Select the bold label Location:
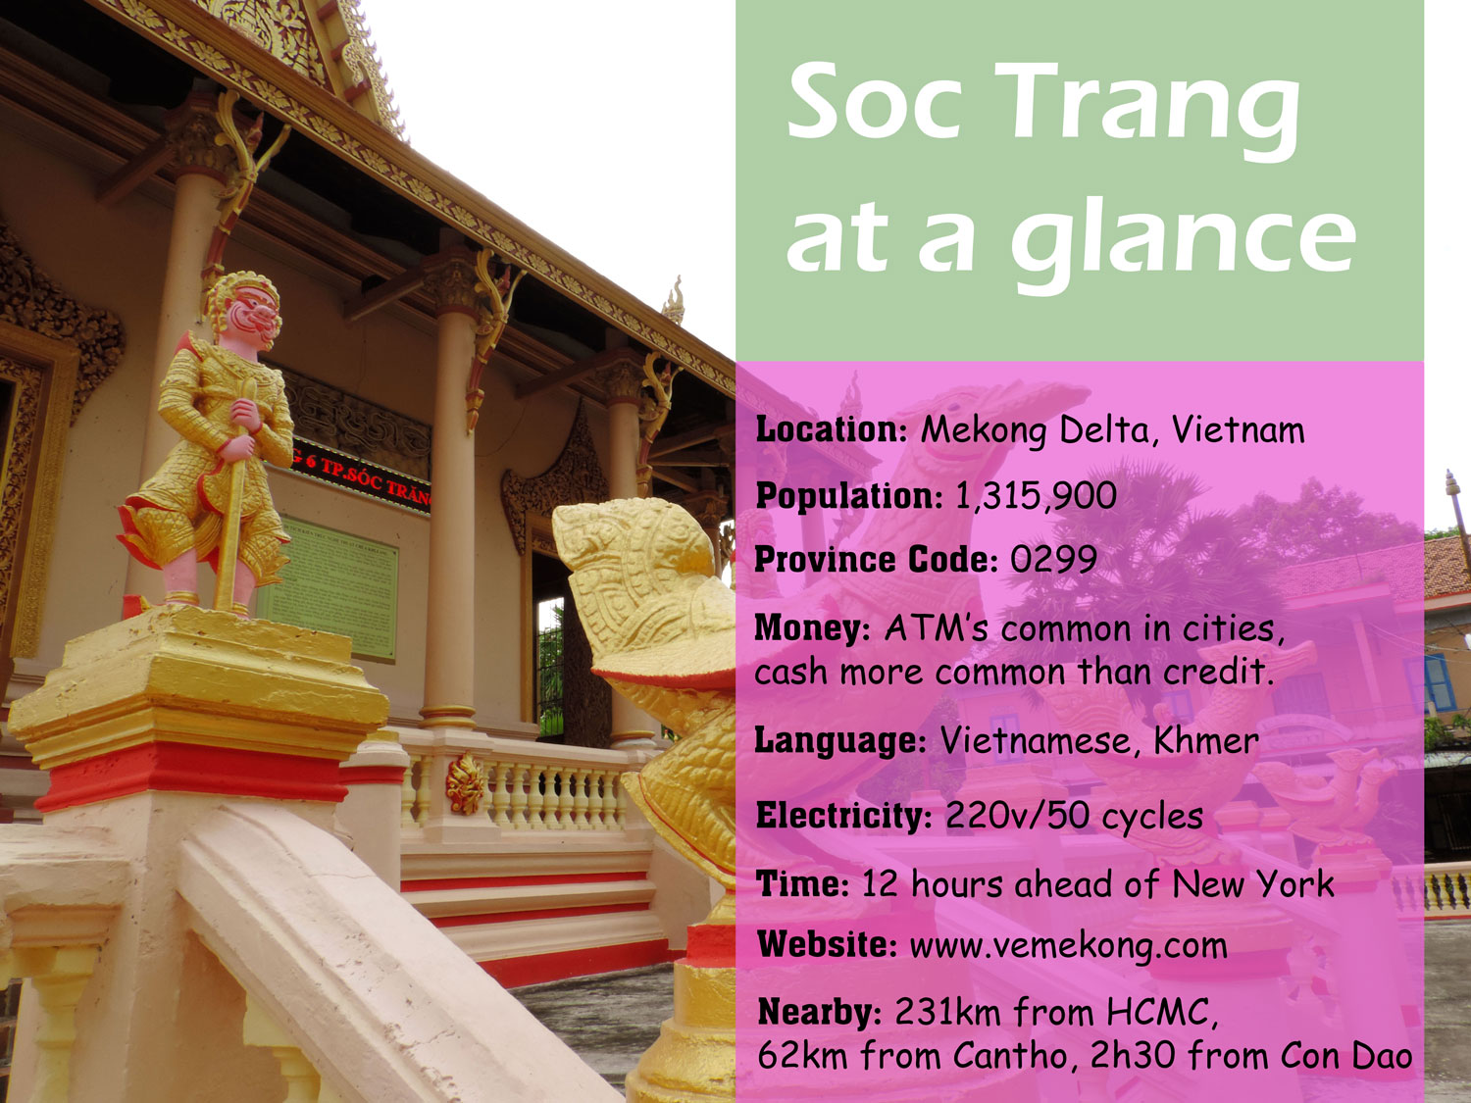tap(832, 429)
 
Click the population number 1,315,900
tap(1036, 496)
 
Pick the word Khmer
tap(1205, 741)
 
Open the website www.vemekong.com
tap(1068, 945)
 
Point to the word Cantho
tap(1009, 1056)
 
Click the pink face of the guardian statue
tap(251, 315)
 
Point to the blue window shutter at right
tap(1438, 682)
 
